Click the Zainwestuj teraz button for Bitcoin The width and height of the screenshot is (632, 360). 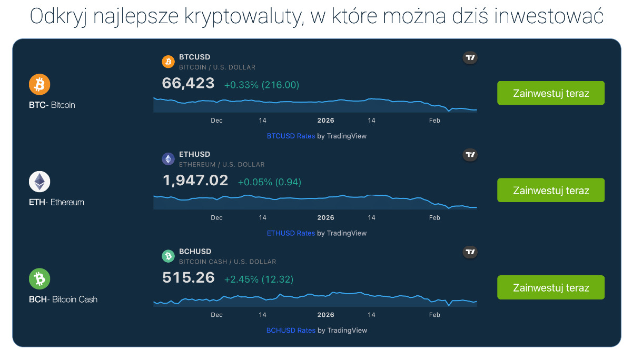pos(550,93)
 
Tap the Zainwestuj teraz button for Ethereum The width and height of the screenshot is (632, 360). pos(550,191)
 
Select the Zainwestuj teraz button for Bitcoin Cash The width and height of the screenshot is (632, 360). pos(550,287)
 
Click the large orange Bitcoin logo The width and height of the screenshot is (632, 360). pos(39,84)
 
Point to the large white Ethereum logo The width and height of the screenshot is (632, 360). pos(39,182)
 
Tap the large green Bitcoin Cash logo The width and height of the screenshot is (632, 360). pos(39,279)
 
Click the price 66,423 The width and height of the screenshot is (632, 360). pos(189,83)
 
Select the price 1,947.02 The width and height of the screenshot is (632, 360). pos(195,181)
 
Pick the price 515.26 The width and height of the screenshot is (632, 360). pos(189,278)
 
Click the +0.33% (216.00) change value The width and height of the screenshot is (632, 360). pos(262,85)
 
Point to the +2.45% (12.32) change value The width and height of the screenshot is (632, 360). pos(259,279)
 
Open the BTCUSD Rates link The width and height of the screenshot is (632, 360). pos(291,136)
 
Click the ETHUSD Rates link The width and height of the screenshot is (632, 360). pos(291,233)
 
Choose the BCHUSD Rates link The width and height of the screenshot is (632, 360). pos(291,331)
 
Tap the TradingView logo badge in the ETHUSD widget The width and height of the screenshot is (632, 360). pos(470,155)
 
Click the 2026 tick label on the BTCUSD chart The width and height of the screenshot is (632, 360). pos(325,121)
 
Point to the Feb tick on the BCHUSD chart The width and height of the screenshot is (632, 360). pos(434,315)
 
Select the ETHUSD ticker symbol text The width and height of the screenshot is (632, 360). pos(194,154)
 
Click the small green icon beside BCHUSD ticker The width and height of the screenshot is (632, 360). pos(168,256)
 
